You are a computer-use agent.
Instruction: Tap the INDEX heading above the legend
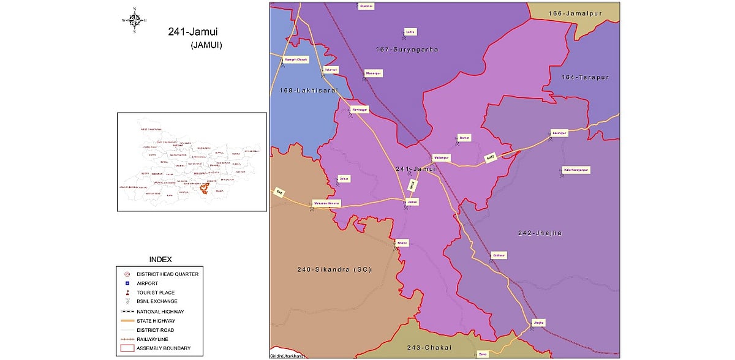click(160, 260)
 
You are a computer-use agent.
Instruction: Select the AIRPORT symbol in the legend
click(127, 283)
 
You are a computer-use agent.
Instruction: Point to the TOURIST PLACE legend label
click(156, 293)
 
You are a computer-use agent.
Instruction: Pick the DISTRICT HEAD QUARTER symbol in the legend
click(127, 274)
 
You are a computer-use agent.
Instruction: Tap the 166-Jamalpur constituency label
click(561, 13)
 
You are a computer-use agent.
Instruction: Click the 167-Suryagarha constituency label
click(406, 49)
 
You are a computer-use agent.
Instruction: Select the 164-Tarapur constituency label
click(586, 78)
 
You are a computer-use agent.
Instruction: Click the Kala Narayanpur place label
click(575, 170)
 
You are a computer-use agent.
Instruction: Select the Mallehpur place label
click(441, 157)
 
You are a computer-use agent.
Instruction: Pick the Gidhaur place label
click(499, 255)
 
